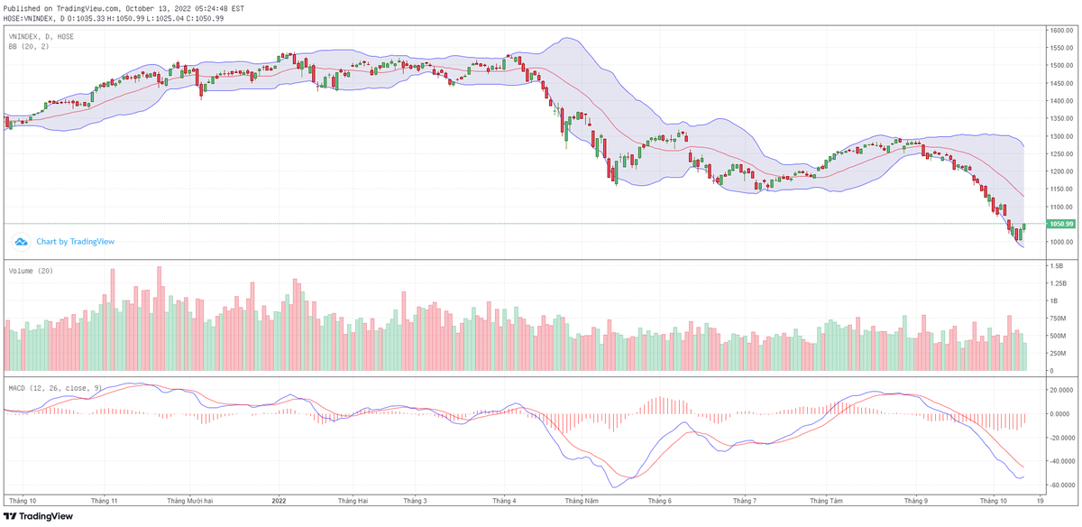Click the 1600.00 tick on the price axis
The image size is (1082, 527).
[1059, 31]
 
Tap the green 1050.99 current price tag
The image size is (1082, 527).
[1059, 224]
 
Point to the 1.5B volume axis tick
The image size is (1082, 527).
[1056, 266]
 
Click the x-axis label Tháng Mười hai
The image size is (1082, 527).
[189, 500]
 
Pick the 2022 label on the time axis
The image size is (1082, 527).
[279, 500]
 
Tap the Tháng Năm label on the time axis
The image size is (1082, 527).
[580, 500]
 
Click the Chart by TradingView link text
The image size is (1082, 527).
[75, 242]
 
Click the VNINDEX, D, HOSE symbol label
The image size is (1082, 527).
[41, 36]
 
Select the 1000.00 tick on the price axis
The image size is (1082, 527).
[1059, 242]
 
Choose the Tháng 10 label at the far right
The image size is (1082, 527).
[994, 500]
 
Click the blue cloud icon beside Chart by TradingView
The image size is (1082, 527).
[21, 242]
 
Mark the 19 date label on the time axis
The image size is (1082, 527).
[1041, 500]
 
